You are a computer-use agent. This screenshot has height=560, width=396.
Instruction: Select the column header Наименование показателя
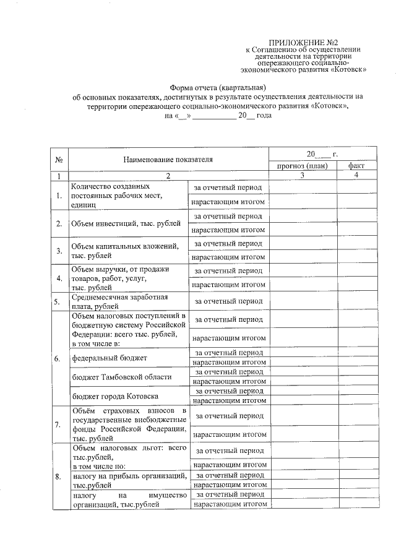click(x=167, y=160)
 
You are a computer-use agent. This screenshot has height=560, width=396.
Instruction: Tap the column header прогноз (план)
click(x=302, y=166)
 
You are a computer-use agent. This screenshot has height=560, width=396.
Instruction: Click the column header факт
click(x=356, y=166)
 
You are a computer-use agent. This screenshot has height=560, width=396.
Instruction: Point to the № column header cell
click(x=59, y=160)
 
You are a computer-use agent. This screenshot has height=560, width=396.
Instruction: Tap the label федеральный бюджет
click(x=110, y=358)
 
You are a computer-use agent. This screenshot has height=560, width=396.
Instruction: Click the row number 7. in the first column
click(x=58, y=424)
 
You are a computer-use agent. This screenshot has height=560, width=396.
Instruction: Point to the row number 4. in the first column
click(x=58, y=278)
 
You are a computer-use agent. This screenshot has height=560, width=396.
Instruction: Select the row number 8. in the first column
click(x=58, y=477)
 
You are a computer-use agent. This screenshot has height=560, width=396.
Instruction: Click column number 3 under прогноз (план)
click(x=302, y=176)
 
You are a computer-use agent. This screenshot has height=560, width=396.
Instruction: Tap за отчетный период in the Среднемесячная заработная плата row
click(x=228, y=301)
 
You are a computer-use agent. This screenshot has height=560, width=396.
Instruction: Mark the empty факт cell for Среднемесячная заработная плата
click(x=356, y=301)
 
